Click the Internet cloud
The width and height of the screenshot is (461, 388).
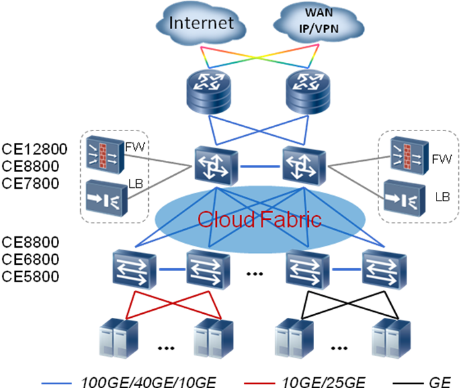click(x=201, y=24)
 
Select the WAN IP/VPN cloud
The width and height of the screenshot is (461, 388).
click(x=319, y=23)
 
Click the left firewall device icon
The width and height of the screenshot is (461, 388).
click(x=105, y=154)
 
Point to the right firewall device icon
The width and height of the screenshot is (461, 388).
click(x=409, y=155)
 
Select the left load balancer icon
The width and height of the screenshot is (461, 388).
click(x=106, y=198)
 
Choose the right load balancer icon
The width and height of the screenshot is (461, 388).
click(x=405, y=198)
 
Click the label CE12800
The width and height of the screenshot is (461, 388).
click(x=34, y=149)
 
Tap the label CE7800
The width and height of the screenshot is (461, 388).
click(x=30, y=183)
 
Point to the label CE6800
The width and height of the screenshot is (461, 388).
click(x=30, y=260)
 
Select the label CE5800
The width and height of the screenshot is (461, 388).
click(x=30, y=276)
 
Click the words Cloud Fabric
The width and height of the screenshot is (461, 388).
click(x=259, y=219)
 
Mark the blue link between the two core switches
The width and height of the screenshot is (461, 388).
click(x=260, y=167)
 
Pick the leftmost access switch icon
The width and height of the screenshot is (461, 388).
click(x=134, y=269)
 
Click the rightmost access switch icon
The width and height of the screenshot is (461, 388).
click(x=384, y=269)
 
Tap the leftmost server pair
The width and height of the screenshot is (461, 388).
click(x=119, y=338)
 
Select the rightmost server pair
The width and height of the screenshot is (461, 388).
click(x=391, y=338)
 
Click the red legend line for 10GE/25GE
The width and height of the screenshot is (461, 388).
click(x=259, y=383)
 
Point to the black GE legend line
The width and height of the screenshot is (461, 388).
click(x=408, y=383)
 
